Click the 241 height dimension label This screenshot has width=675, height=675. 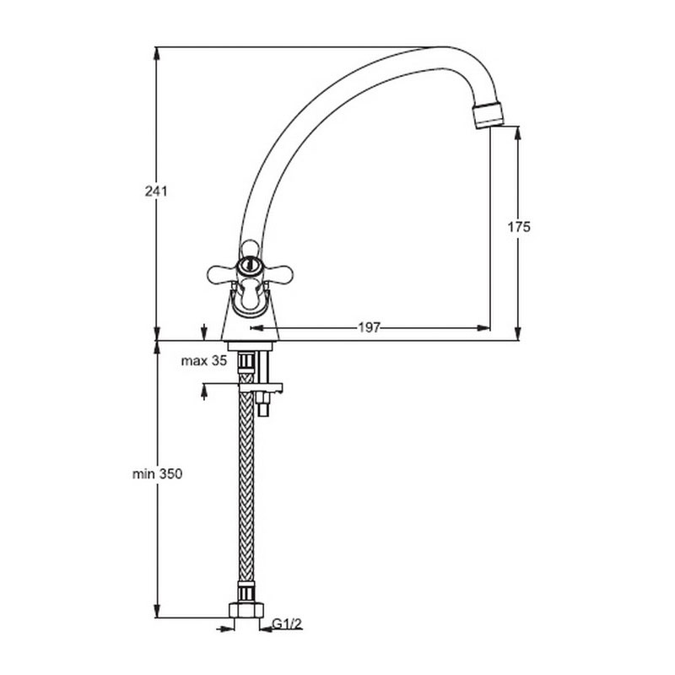pyautogui.click(x=156, y=192)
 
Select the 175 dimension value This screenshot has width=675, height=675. pyautogui.click(x=519, y=227)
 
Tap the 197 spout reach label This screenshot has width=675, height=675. pyautogui.click(x=370, y=328)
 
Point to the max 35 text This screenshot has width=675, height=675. pyautogui.click(x=203, y=361)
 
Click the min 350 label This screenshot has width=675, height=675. pyautogui.click(x=157, y=474)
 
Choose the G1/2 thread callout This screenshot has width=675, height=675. pyautogui.click(x=288, y=624)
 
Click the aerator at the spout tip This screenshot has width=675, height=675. pyautogui.click(x=489, y=114)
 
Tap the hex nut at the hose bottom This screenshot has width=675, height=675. pyautogui.click(x=246, y=610)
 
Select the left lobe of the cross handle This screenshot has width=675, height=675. pyautogui.click(x=221, y=274)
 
